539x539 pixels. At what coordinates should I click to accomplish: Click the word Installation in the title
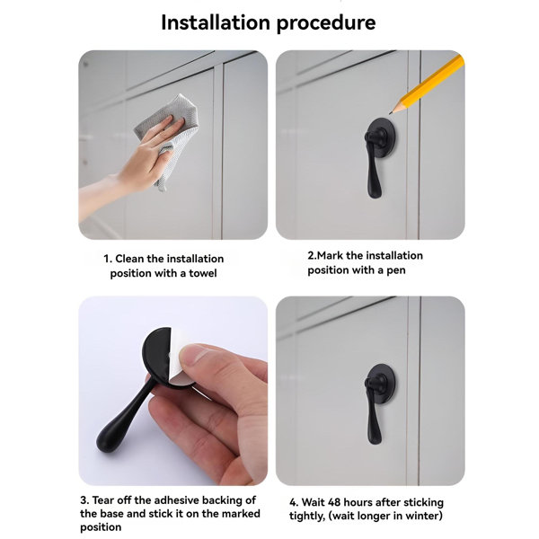pos(219,22)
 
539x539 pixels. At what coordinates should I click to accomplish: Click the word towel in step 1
pos(199,273)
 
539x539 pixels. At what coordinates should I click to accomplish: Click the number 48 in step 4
pos(335,502)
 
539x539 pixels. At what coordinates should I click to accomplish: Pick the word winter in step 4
pos(421,516)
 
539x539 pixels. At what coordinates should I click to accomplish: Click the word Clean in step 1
pos(131,259)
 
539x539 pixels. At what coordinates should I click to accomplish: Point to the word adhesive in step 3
pos(180,500)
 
